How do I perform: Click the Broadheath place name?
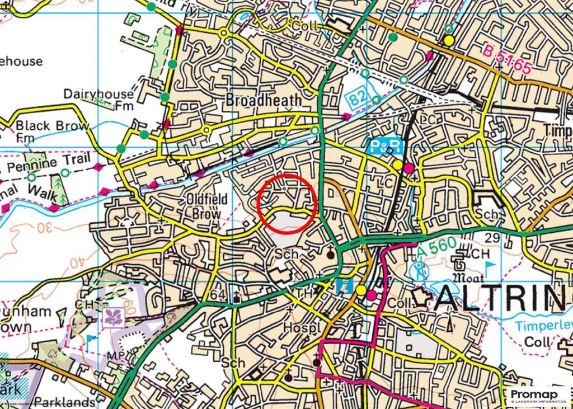tap(264, 100)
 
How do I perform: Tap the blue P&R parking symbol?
tap(386, 147)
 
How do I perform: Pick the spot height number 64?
tap(218, 295)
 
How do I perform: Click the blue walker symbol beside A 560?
tap(421, 271)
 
